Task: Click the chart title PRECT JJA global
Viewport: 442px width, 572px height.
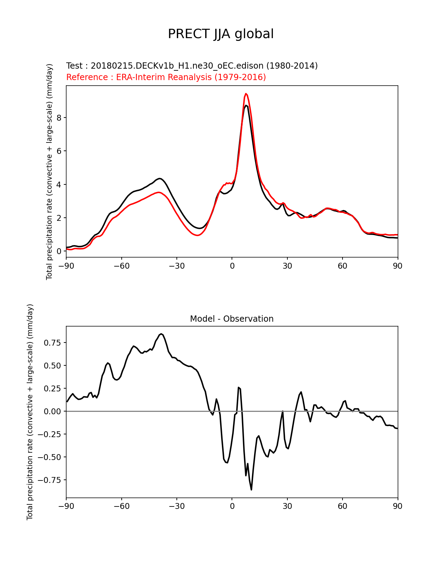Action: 221,34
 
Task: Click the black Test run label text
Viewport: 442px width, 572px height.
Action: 192,66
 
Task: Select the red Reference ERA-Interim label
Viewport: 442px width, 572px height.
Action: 166,77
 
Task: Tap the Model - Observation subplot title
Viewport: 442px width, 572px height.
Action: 232,319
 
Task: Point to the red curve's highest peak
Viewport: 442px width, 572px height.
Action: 246,94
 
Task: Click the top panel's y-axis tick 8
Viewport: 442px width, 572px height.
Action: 59,118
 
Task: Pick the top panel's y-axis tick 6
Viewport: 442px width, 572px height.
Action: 59,151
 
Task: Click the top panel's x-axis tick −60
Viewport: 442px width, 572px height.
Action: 121,266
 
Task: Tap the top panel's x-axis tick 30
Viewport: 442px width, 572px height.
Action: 287,266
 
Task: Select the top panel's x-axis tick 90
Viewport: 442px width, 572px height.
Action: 398,266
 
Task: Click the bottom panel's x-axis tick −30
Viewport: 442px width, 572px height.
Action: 176,506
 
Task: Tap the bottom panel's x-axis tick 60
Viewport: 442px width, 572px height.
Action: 343,506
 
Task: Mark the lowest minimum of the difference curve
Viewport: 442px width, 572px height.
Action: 251,489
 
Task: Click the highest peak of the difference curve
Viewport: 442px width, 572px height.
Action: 162,334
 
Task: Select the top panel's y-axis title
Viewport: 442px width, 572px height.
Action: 50,172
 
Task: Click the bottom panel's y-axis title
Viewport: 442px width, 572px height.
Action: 30,412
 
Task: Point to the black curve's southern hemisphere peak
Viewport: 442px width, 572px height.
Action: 160,179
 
